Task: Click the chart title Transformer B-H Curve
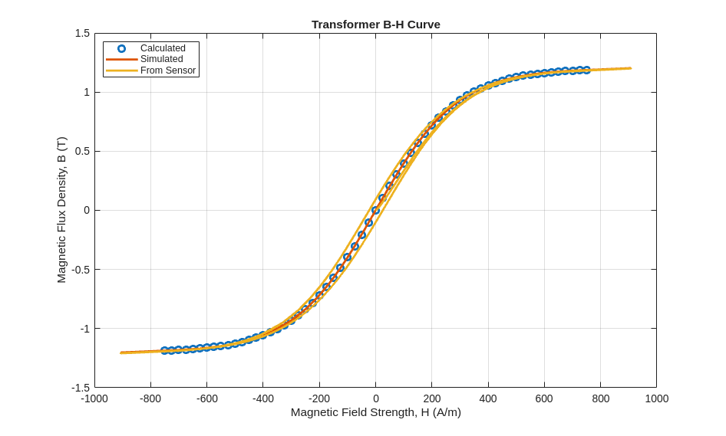[x=375, y=25]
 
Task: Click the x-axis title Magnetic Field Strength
[x=375, y=412]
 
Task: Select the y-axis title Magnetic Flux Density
[x=61, y=210]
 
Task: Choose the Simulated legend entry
[x=161, y=59]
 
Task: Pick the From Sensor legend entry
[x=167, y=70]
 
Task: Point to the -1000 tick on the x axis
[x=94, y=398]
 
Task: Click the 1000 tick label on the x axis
[x=656, y=398]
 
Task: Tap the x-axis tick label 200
[x=432, y=398]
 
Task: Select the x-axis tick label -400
[x=262, y=398]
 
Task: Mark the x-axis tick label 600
[x=544, y=398]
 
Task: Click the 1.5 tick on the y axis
[x=82, y=33]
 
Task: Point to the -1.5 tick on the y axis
[x=81, y=388]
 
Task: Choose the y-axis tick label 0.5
[x=82, y=151]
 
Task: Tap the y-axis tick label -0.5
[x=81, y=270]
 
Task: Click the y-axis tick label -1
[x=84, y=329]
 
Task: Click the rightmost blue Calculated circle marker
[x=586, y=70]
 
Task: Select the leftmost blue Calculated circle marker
[x=164, y=350]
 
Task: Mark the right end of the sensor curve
[x=630, y=68]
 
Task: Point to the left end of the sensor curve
[x=120, y=353]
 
